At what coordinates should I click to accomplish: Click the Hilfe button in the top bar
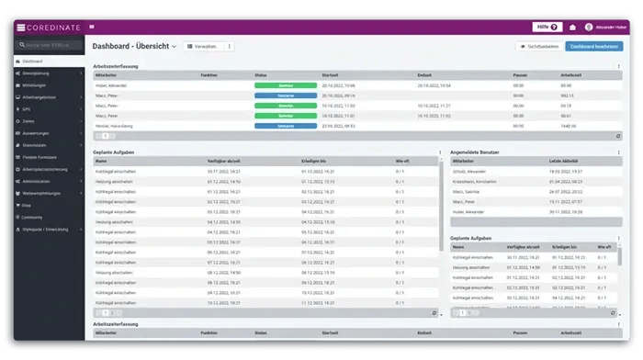pyautogui.click(x=547, y=27)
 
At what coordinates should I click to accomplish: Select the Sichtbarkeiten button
pyautogui.click(x=538, y=46)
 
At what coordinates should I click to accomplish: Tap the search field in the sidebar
pyautogui.click(x=51, y=45)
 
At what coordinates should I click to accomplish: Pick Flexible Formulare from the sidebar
pyautogui.click(x=40, y=156)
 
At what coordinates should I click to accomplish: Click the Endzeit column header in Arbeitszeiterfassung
pyautogui.click(x=424, y=74)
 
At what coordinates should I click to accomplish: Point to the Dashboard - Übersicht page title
pyautogui.click(x=131, y=46)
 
